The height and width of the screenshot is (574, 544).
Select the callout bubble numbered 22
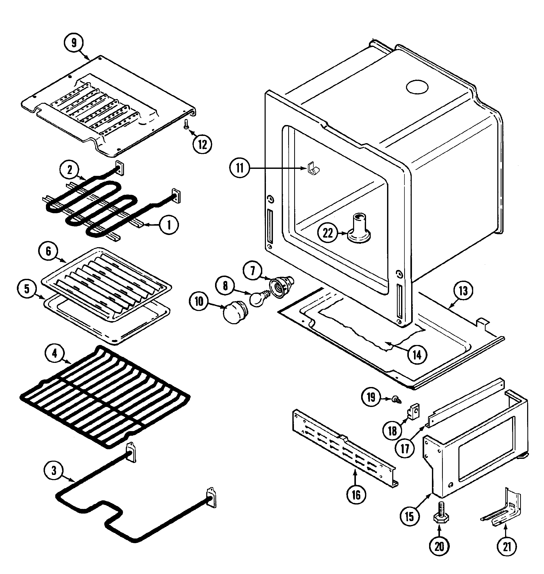328,233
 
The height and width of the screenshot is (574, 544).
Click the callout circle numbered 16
356,495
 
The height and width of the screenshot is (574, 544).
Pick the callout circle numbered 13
463,291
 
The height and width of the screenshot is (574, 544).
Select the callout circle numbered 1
169,225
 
